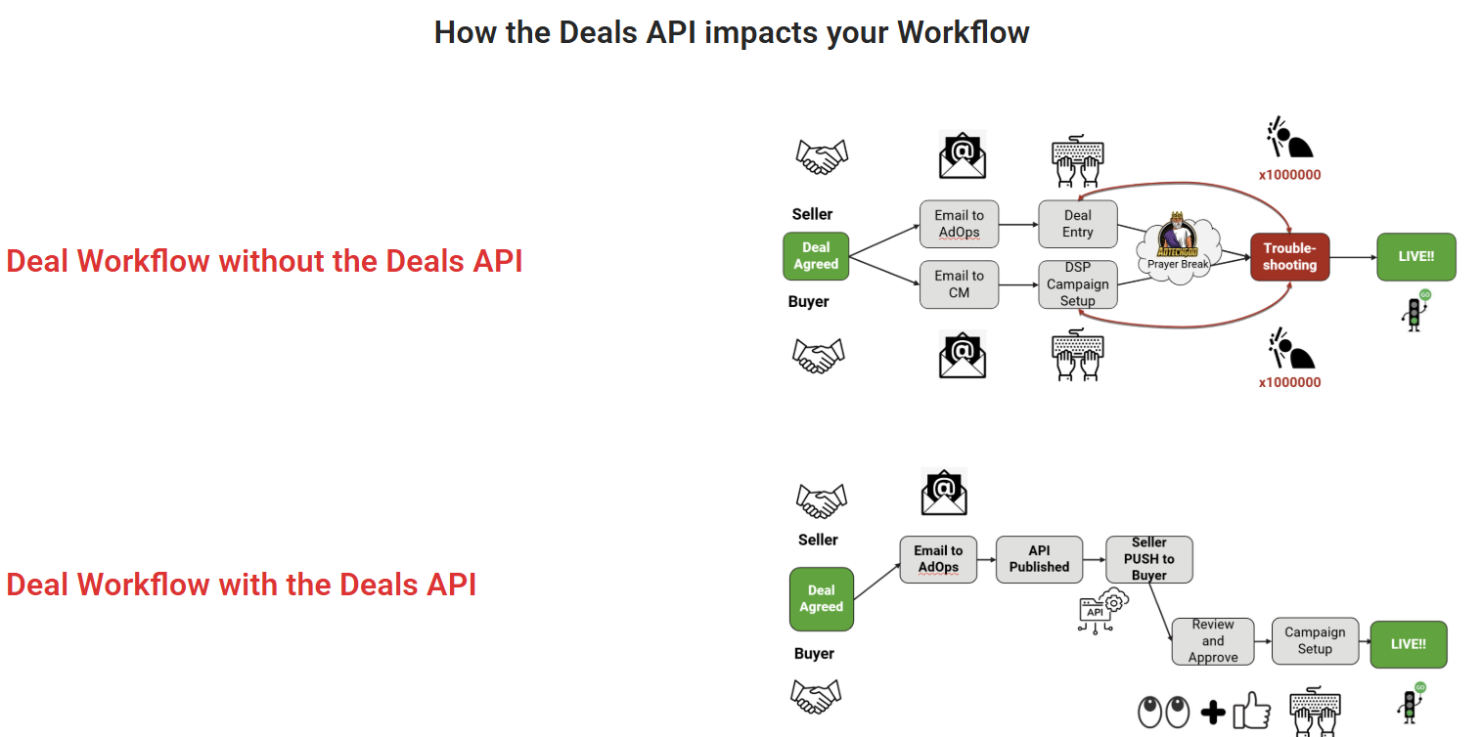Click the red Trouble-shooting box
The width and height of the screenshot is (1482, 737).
(x=1289, y=257)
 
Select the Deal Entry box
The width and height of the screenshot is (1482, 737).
(x=1077, y=224)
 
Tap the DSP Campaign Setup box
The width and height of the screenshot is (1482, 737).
(x=1077, y=284)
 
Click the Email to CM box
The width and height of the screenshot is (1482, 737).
(x=959, y=284)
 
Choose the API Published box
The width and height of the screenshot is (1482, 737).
(x=1039, y=559)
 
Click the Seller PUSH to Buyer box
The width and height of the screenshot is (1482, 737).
(x=1148, y=559)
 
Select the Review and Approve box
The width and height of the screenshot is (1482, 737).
(x=1213, y=641)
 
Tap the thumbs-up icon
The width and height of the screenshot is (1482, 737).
(x=1251, y=712)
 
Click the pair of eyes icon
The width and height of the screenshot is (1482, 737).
(x=1164, y=712)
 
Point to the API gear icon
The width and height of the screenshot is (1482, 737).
(x=1102, y=610)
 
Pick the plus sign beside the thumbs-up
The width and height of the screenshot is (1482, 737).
(x=1213, y=713)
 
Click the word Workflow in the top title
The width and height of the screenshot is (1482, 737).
(x=963, y=32)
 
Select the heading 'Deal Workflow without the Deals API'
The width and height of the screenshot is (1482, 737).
(x=264, y=261)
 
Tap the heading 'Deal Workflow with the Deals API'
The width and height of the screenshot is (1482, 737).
(x=241, y=585)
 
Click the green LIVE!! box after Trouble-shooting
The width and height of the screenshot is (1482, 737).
(x=1415, y=257)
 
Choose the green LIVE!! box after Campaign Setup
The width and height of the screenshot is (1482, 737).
(x=1408, y=644)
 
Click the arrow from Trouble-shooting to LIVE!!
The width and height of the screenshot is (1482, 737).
(x=1353, y=258)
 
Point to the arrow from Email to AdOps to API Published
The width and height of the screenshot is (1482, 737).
(x=986, y=560)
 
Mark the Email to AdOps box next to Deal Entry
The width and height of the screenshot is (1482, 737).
(x=959, y=224)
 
